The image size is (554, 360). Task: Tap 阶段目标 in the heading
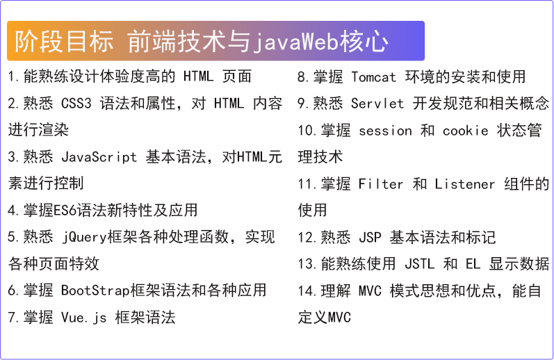(64, 41)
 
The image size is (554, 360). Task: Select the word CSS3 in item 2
(76, 104)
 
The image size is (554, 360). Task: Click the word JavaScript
(99, 157)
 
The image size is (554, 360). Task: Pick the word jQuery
(84, 238)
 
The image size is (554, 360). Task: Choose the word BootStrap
(95, 291)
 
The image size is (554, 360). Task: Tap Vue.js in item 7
(83, 318)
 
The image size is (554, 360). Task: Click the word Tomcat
(373, 77)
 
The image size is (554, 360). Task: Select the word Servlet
(377, 104)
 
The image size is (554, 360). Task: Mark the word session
(385, 131)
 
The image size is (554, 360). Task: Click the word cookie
(465, 131)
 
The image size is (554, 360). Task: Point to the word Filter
(380, 184)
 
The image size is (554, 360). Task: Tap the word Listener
(464, 184)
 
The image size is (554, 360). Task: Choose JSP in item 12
(370, 238)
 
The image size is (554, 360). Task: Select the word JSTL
(419, 264)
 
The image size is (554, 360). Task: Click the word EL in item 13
(473, 264)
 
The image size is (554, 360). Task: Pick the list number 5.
(12, 238)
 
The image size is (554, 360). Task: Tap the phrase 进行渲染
(38, 130)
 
